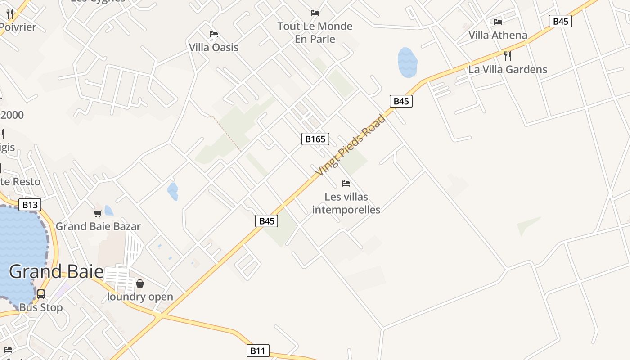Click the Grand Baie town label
[x=56, y=272]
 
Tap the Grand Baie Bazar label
[x=98, y=226]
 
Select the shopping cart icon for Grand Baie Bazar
[x=98, y=213]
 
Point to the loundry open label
[x=140, y=297]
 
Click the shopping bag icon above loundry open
[x=140, y=283]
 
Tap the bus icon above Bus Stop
[x=41, y=294]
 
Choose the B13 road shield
[x=30, y=205]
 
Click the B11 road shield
[x=258, y=351]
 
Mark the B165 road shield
[x=315, y=139]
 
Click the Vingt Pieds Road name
[x=351, y=145]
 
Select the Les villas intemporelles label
[x=346, y=203]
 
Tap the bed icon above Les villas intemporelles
[x=346, y=184]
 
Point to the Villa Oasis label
[x=214, y=47]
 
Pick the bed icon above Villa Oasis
[x=214, y=34]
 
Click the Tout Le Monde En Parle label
[x=315, y=32]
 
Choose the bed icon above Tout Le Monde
[x=315, y=13]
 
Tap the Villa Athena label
[x=498, y=35]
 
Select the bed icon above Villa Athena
[x=498, y=22]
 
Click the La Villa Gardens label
[x=508, y=69]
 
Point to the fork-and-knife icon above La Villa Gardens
[x=508, y=56]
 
